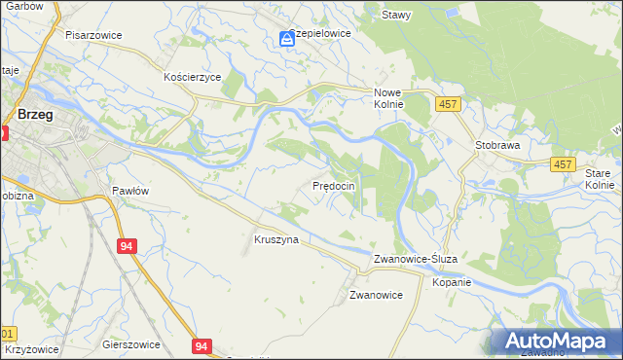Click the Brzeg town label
click(35, 114)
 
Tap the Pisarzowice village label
click(92, 34)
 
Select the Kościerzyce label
click(193, 76)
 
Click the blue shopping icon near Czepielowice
click(287, 39)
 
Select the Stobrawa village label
click(497, 145)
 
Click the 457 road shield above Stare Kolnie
click(563, 165)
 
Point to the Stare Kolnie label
click(600, 178)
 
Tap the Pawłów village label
click(129, 191)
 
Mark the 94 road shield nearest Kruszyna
click(127, 247)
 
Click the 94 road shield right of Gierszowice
click(202, 346)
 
